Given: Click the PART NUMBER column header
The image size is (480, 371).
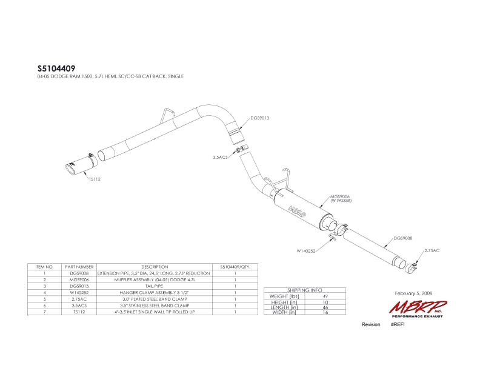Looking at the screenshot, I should point(79,266).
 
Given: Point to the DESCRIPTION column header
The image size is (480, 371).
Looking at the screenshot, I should point(154,266).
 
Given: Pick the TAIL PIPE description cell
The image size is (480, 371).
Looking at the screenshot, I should point(154,286).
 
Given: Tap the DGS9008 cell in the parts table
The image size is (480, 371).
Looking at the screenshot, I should point(79,273).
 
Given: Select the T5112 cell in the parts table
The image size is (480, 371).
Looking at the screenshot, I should point(79,312).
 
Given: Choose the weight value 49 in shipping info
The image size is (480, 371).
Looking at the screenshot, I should point(325,296).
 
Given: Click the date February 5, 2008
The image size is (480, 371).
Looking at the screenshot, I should point(409,293).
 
